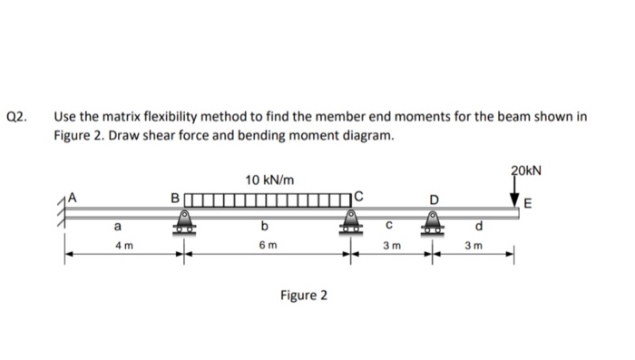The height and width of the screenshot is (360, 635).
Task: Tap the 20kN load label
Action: [x=526, y=170]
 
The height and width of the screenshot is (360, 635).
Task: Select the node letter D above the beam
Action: [x=433, y=197]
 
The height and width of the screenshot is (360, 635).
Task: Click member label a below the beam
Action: [x=117, y=226]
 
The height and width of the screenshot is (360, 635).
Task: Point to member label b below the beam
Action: [x=264, y=226]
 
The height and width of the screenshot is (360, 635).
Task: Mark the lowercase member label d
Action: [x=480, y=226]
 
